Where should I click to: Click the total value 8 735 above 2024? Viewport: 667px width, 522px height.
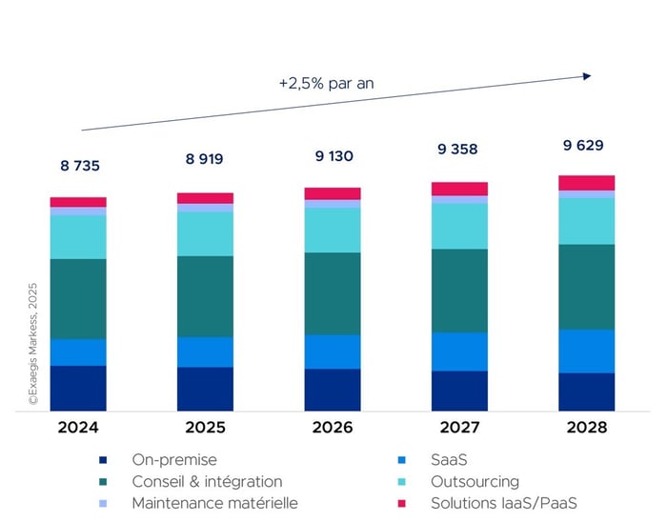point(79,166)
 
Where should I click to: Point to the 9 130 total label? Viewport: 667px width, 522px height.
point(333,155)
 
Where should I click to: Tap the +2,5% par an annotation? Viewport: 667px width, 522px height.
point(326,83)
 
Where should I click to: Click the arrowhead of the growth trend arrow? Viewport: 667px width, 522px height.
point(587,75)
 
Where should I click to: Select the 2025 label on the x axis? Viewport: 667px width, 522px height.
point(205,428)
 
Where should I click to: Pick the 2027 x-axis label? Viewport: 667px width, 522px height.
point(459,428)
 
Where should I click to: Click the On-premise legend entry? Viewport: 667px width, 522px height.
point(174,460)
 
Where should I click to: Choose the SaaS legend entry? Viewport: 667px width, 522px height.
point(449,460)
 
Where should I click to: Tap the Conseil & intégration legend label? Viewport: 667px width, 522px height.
point(207,482)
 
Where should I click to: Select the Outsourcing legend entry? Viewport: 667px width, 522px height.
point(475,482)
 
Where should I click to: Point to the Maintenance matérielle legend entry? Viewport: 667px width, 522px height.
point(215,503)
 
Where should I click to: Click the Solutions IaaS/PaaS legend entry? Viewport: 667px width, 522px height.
point(503,503)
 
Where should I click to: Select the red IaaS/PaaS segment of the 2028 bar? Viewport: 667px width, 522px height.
point(587,183)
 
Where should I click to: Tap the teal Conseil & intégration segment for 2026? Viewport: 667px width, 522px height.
point(333,293)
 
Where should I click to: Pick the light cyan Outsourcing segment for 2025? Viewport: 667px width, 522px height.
point(205,233)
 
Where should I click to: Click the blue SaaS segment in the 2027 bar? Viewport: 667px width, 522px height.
point(459,351)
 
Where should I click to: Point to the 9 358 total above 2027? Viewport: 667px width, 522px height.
point(459,150)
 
